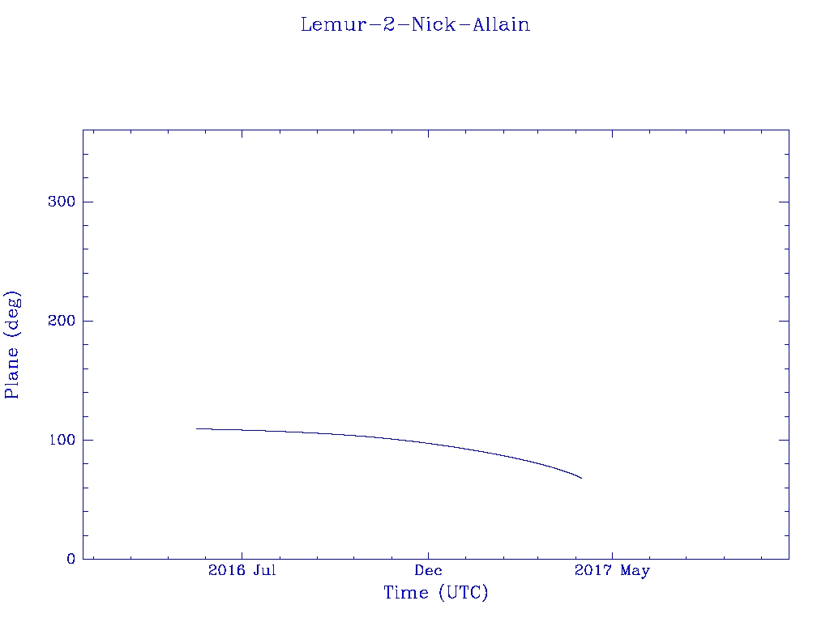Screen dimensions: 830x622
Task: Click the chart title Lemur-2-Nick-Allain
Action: tap(416, 24)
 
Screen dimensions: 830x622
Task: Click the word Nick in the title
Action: tap(434, 24)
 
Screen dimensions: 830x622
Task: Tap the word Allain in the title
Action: tap(501, 24)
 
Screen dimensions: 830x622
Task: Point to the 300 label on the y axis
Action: tap(62, 202)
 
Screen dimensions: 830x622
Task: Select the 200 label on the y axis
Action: tap(62, 321)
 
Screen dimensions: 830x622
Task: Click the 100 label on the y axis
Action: tap(62, 440)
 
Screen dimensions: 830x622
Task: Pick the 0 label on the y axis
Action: tap(71, 559)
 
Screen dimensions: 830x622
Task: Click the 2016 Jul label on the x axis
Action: tap(242, 570)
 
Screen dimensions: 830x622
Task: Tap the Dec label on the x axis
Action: tap(428, 570)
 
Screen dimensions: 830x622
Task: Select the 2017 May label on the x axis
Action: tap(612, 571)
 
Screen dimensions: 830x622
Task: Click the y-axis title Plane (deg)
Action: tap(12, 345)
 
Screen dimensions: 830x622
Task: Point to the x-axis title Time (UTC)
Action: tap(435, 593)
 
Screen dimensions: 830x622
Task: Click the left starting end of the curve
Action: tap(196, 428)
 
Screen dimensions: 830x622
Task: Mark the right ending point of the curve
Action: tap(582, 478)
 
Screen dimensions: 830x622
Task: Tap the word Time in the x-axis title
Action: tap(406, 593)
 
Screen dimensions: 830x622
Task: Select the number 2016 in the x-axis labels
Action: tap(227, 570)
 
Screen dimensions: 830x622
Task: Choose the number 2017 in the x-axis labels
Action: tap(593, 570)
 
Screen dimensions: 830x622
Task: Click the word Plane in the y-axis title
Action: tap(12, 373)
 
